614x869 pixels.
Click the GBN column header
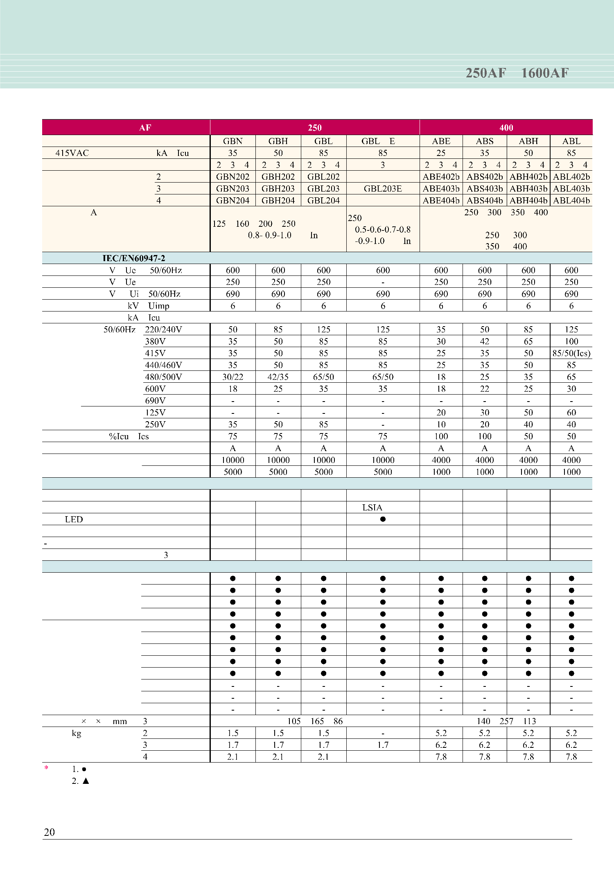pos(233,141)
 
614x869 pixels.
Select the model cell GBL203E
pos(383,189)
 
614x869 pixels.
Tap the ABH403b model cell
pos(528,189)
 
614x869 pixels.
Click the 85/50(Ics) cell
pos(571,353)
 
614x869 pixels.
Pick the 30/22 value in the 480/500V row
pos(233,377)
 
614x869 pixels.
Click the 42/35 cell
pos(278,377)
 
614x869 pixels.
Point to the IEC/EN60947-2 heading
pos(134,258)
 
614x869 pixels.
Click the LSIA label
pos(372,508)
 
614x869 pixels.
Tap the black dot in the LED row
pos(383,519)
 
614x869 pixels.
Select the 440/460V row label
pos(163,365)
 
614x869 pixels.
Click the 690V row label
pos(155,401)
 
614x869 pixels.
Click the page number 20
pos(49,832)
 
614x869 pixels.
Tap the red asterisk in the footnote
pos(46,768)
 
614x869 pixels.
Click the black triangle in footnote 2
pos(86,781)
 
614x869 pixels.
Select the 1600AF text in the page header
pos(545,73)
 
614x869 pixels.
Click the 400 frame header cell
pos(506,128)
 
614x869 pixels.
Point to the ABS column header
pos(485,141)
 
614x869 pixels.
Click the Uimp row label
pos(158,306)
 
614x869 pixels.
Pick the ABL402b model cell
pos(571,177)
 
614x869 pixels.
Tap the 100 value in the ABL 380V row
pos(571,341)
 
